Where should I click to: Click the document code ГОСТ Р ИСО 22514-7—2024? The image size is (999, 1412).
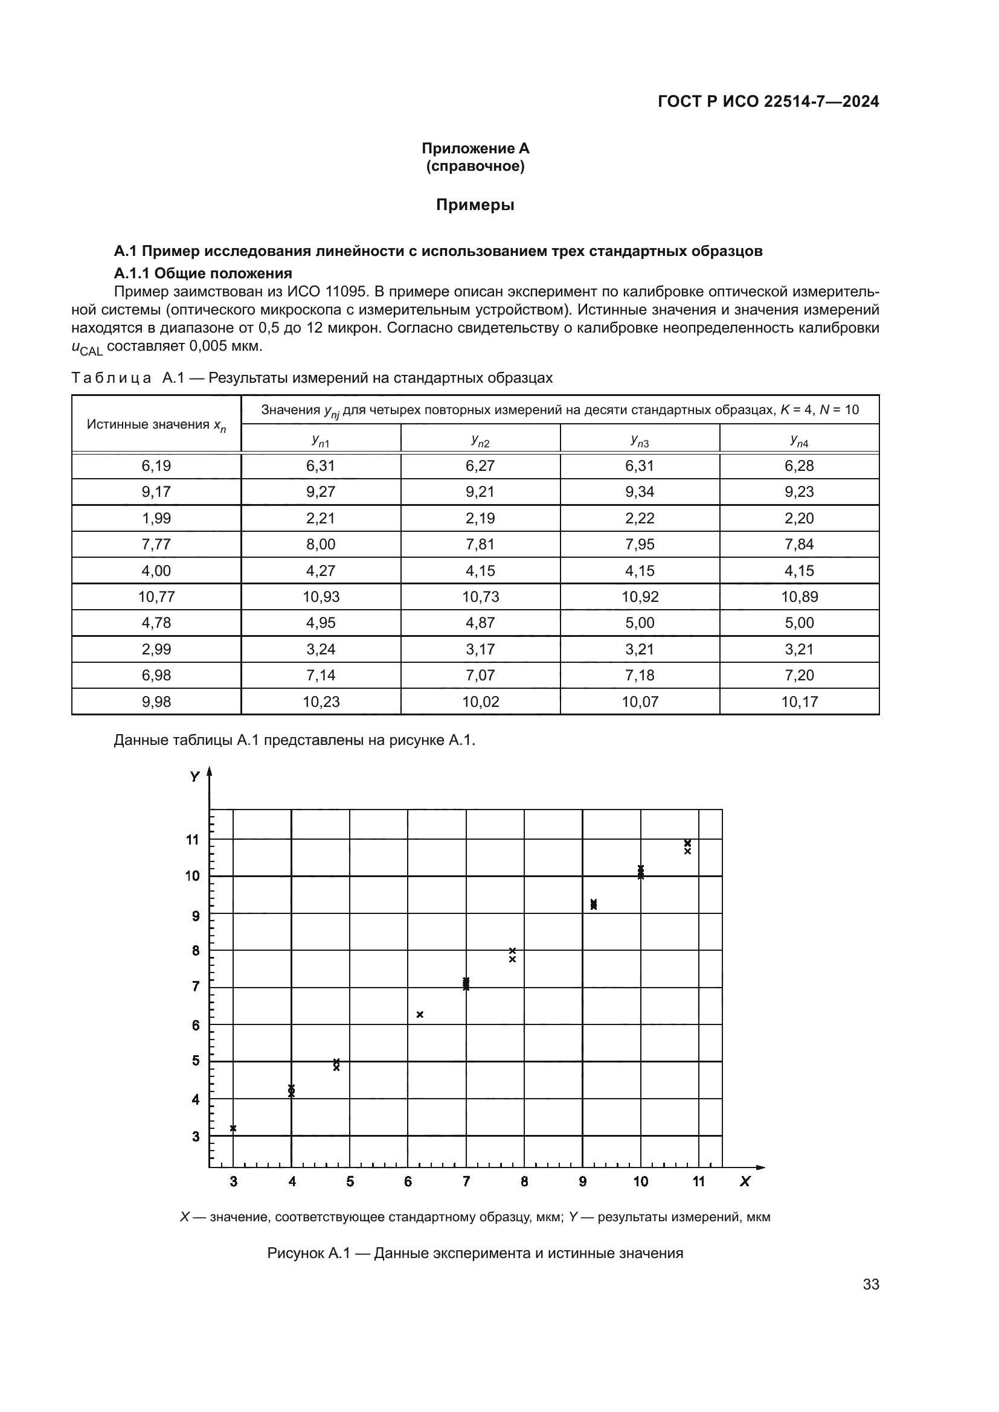[x=768, y=101]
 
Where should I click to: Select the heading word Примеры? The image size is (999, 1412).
[x=475, y=205]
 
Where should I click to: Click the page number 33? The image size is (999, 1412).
[x=870, y=1284]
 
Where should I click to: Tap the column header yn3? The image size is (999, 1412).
[x=639, y=439]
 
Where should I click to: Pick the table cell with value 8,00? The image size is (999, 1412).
[x=321, y=545]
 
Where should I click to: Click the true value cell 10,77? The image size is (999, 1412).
[x=156, y=596]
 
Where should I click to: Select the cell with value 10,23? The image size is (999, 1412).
[x=321, y=701]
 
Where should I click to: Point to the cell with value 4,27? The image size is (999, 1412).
[x=321, y=570]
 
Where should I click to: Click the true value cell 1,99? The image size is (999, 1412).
[x=156, y=518]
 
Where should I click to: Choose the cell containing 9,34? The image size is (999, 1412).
[x=639, y=491]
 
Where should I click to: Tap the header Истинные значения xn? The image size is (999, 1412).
[x=156, y=424]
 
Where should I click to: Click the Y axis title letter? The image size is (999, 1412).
[x=195, y=777]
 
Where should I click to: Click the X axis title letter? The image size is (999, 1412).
[x=745, y=1181]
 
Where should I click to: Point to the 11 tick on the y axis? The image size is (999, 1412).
[x=193, y=840]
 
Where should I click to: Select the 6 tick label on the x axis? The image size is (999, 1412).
[x=408, y=1181]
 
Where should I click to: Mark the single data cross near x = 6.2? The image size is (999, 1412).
[x=420, y=1015]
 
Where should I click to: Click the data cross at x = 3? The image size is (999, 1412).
[x=233, y=1128]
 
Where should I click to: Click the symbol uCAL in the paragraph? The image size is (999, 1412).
[x=87, y=348]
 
